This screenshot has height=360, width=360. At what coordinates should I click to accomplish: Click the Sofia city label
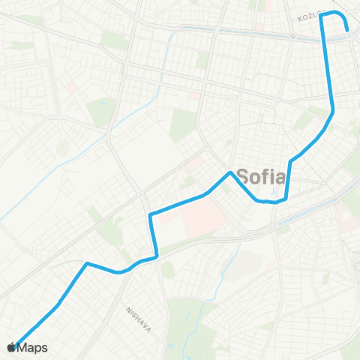click(261, 178)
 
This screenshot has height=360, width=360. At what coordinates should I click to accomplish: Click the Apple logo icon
click(11, 346)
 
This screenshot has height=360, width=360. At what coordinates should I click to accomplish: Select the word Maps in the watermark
click(33, 347)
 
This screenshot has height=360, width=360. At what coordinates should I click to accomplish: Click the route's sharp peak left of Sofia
click(229, 173)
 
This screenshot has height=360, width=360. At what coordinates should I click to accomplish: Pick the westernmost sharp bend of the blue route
click(88, 263)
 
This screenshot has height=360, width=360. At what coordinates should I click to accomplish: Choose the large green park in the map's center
click(182, 123)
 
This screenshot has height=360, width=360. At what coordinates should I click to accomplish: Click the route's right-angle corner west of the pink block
click(151, 216)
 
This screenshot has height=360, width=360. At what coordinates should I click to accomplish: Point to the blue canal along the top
click(225, 31)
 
